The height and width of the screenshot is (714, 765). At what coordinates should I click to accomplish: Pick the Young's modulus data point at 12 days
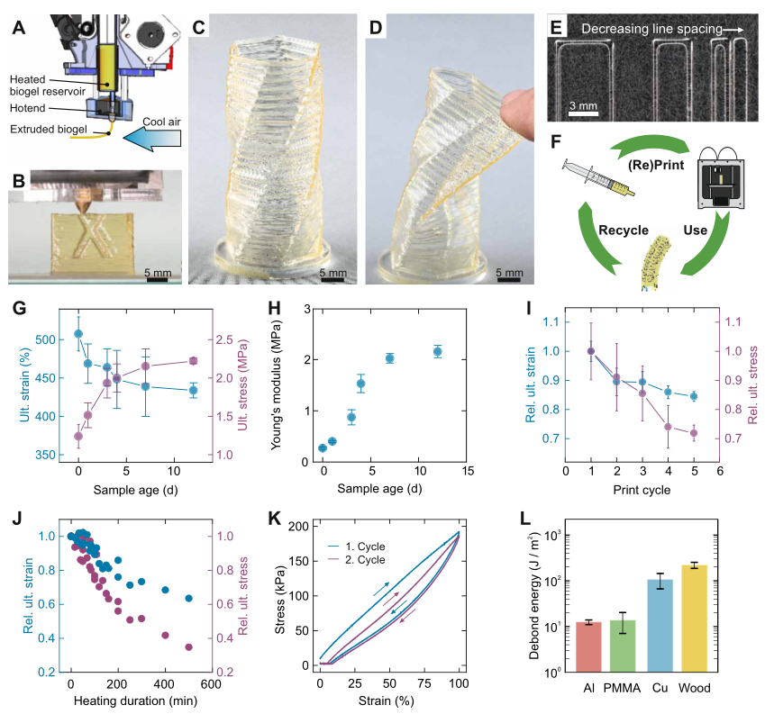click(x=437, y=351)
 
